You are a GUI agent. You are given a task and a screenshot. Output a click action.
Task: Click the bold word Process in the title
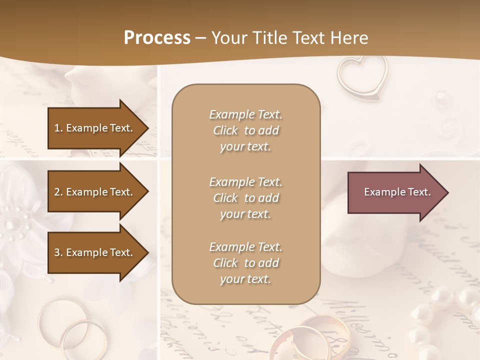(x=157, y=38)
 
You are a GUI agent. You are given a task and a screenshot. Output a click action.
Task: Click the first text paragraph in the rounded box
(x=245, y=130)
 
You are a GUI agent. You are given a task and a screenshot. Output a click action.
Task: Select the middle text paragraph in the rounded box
(x=245, y=198)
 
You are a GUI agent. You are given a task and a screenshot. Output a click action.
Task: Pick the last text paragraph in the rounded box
(x=245, y=263)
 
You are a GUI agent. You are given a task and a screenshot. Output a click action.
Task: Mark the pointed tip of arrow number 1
(x=148, y=128)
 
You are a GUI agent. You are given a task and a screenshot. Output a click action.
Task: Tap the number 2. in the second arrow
(x=58, y=192)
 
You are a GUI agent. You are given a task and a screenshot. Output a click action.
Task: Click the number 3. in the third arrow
(x=58, y=252)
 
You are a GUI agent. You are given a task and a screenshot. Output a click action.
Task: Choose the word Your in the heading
(x=229, y=38)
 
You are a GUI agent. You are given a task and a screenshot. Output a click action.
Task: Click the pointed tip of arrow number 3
(x=148, y=252)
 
